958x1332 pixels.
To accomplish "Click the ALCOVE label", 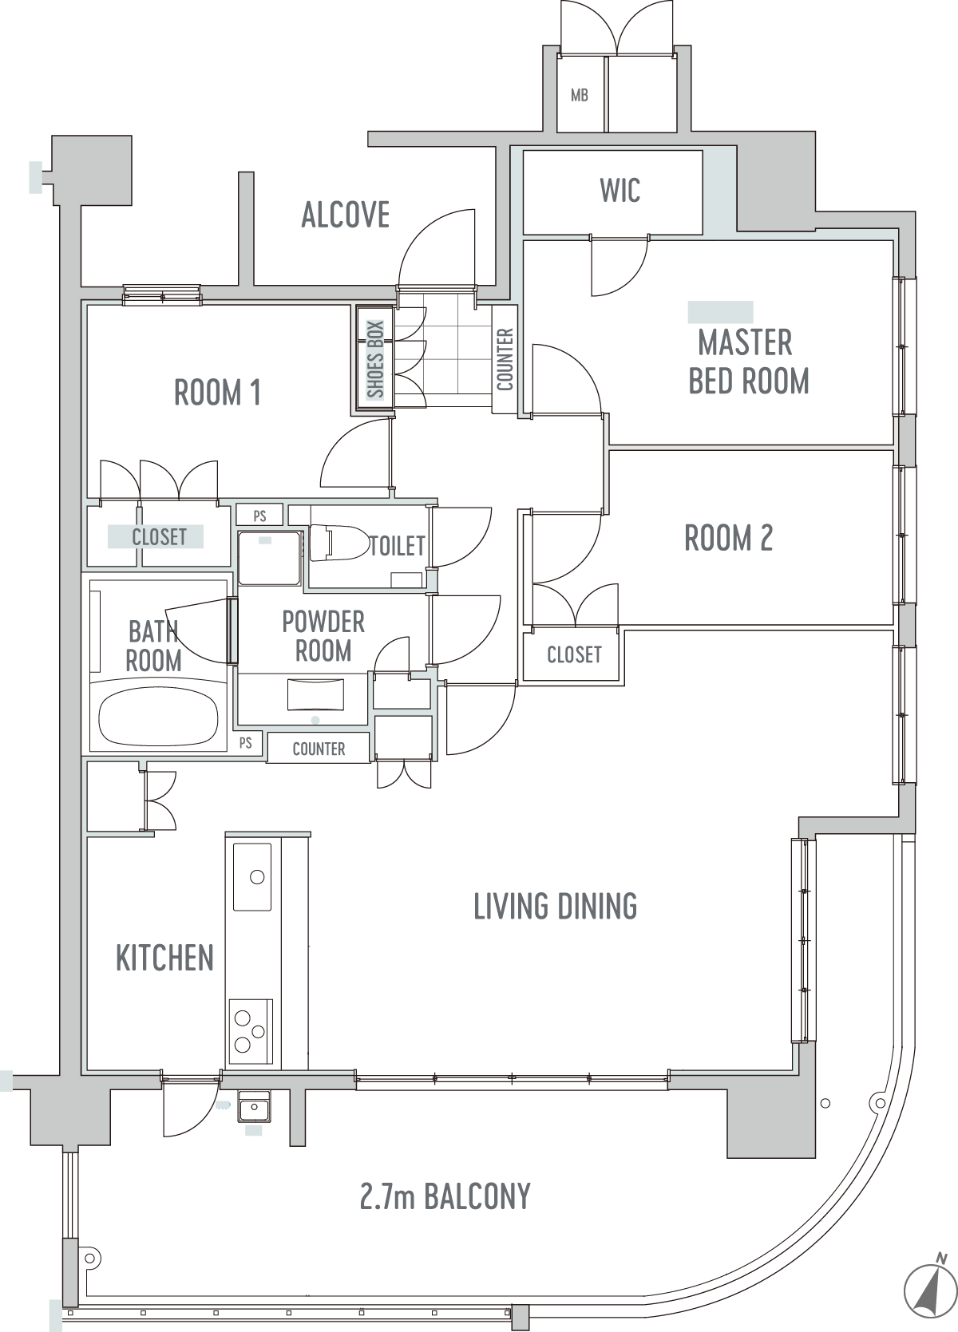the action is click(x=346, y=215).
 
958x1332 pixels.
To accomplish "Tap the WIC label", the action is click(x=620, y=190).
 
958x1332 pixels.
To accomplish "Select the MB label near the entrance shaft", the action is click(x=580, y=94).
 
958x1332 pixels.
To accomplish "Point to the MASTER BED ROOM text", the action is click(x=748, y=362).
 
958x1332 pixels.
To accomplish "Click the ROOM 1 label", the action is click(x=217, y=393).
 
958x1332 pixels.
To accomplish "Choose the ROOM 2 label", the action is click(x=728, y=538).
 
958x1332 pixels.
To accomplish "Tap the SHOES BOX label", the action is click(x=375, y=358).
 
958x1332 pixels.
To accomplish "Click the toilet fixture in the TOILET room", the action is click(x=339, y=543).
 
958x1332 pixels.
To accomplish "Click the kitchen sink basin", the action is click(x=252, y=876).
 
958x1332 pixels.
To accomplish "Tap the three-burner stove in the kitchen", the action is click(x=251, y=1031).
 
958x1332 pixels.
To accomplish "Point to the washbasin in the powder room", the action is click(x=315, y=695).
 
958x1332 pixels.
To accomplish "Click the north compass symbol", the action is click(x=930, y=1290).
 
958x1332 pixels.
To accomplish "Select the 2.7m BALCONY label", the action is click(x=445, y=1196).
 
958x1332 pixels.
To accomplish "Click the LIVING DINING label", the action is click(x=556, y=907).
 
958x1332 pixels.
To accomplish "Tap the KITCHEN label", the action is click(x=164, y=958).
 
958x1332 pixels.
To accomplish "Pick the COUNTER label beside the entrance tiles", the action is click(x=505, y=359).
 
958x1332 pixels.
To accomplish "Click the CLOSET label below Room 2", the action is click(x=574, y=654).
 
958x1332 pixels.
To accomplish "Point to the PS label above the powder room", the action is click(x=260, y=516).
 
